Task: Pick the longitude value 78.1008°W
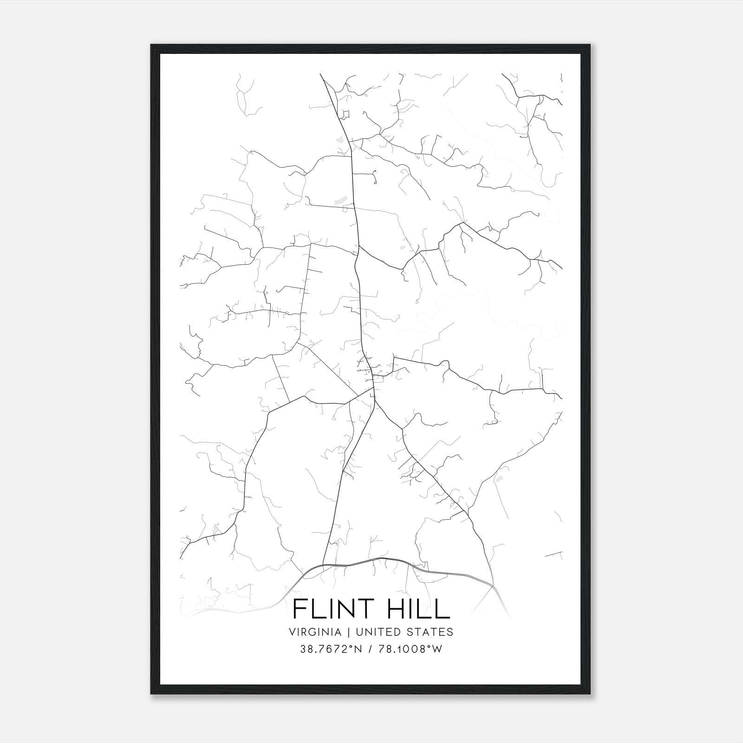tap(411, 649)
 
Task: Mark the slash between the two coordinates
tap(371, 649)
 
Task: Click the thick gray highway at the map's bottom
tap(371, 560)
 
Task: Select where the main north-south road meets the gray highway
tap(324, 565)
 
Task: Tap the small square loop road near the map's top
tap(345, 114)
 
